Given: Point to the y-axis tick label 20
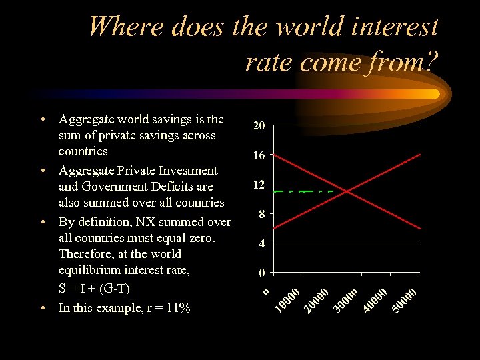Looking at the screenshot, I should pos(259,125).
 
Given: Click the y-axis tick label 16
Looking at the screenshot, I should pos(259,155).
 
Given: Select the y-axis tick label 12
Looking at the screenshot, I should pos(259,185).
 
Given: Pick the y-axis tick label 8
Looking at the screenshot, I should pos(262,214).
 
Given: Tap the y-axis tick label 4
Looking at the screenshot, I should pos(262,243).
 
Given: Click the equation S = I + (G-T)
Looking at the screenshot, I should pos(94,289).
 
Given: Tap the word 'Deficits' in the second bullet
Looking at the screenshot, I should pos(175,187).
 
